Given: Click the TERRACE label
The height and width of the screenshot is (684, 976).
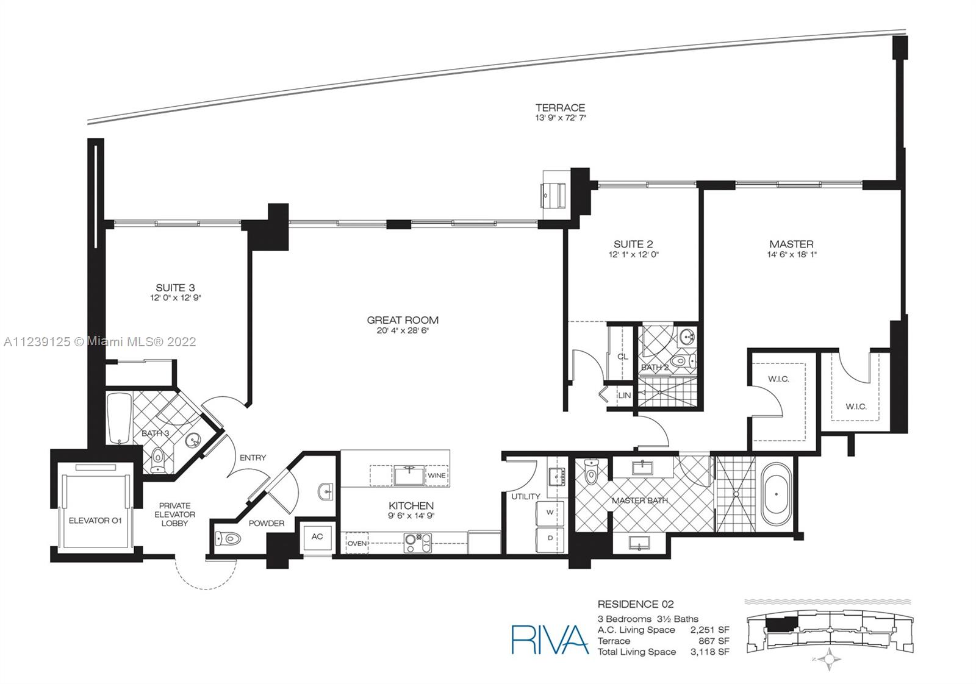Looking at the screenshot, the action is (561, 107).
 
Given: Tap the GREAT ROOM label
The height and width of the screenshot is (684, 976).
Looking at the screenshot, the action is (403, 320).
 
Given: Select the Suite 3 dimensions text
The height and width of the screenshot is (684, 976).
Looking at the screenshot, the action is (175, 298).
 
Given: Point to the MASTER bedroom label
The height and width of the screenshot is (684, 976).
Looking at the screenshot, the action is (791, 244).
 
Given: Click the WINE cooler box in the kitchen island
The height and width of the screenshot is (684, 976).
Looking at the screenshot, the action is (437, 476).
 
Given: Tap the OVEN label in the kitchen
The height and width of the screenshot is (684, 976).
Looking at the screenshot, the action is (357, 543).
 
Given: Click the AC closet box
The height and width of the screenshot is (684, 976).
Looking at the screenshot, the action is (317, 537).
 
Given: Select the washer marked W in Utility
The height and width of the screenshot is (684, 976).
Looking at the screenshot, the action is (550, 513).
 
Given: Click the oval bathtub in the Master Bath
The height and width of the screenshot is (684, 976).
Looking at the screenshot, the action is (776, 494).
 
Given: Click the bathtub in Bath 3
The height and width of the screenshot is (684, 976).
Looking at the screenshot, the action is (120, 419).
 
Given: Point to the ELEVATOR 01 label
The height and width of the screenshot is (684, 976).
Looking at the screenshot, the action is (95, 521).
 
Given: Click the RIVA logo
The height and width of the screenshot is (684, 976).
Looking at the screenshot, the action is (550, 639).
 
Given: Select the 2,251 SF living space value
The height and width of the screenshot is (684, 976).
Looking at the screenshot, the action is (710, 630).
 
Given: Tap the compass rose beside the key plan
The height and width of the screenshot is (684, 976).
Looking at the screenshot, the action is (829, 659).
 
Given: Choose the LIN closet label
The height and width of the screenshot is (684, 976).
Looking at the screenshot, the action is (625, 395).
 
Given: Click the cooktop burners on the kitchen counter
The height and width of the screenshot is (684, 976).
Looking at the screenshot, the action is (417, 543).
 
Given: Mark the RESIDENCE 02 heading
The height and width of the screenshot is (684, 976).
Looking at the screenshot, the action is (635, 604).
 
